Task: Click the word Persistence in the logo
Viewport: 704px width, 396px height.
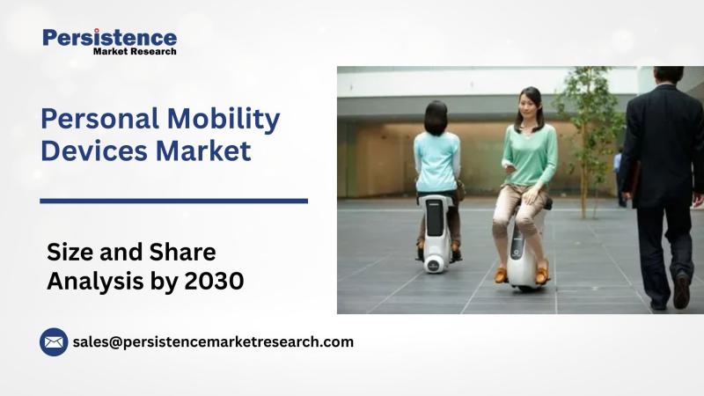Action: (109, 38)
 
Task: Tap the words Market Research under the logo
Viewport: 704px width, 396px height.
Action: (135, 51)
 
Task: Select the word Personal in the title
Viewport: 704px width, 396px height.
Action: (99, 119)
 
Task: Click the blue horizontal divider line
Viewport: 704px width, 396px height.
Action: (173, 202)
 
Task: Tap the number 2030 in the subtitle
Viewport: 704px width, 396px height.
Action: (214, 281)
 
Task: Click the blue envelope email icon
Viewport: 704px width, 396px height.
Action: (54, 342)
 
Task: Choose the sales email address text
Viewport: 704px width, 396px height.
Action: (213, 342)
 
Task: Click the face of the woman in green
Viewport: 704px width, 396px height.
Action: (526, 106)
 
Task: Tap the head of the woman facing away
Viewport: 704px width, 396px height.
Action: (436, 118)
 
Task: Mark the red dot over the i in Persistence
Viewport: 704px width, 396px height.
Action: (97, 31)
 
